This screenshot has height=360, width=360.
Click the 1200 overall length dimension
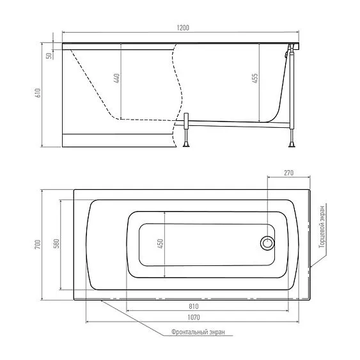(183, 27)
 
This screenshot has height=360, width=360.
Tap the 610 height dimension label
(38, 93)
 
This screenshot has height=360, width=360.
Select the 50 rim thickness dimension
(49, 56)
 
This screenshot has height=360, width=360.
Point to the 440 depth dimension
(116, 78)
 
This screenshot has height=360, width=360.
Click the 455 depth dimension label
(255, 78)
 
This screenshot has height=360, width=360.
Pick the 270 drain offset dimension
(288, 173)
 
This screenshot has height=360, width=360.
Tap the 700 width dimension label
(38, 244)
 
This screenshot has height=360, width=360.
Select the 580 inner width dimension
(56, 244)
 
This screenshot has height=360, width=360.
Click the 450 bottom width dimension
(160, 244)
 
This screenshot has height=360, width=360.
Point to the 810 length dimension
(194, 306)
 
